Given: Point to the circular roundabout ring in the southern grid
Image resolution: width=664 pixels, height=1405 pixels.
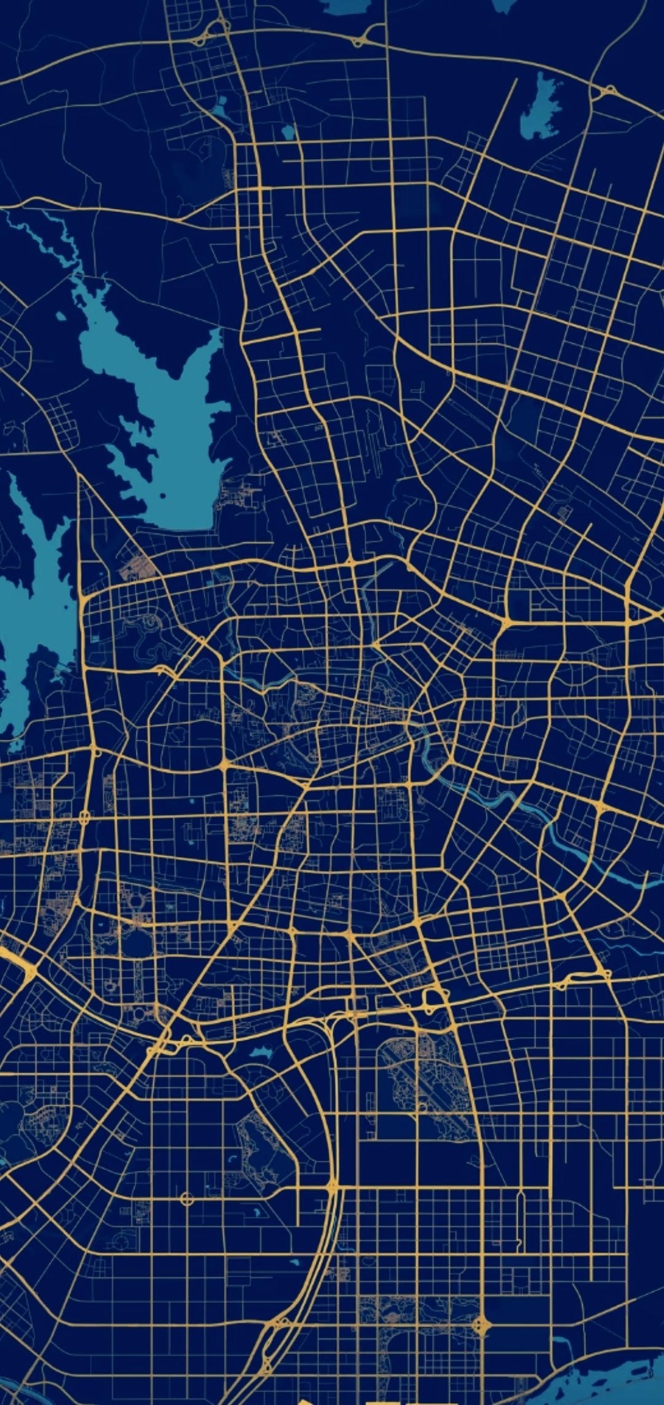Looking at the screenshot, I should click(187, 1199).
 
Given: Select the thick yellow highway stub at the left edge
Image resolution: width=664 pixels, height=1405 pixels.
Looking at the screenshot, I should click(15, 958).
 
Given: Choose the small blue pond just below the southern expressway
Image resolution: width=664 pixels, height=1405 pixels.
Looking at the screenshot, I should click(261, 1052).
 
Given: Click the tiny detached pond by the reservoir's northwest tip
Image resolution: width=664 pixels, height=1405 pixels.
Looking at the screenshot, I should click(61, 316).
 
